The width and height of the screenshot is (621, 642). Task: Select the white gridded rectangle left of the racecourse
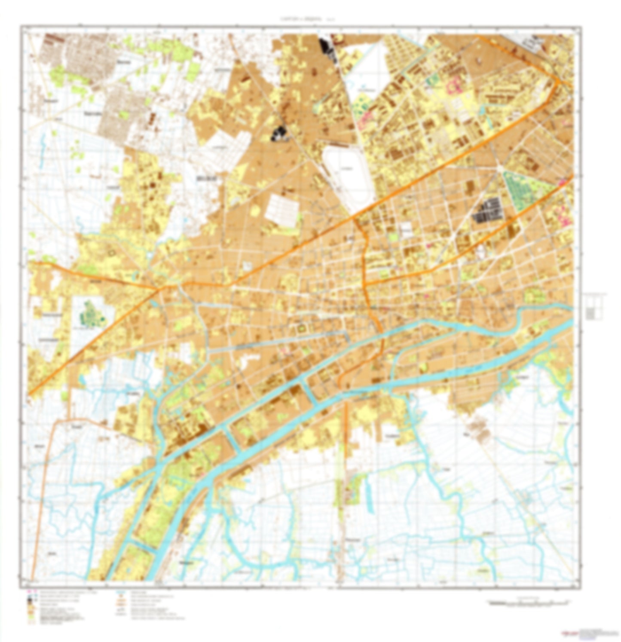(281, 211)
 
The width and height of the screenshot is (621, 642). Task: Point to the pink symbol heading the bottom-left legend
(30, 592)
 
